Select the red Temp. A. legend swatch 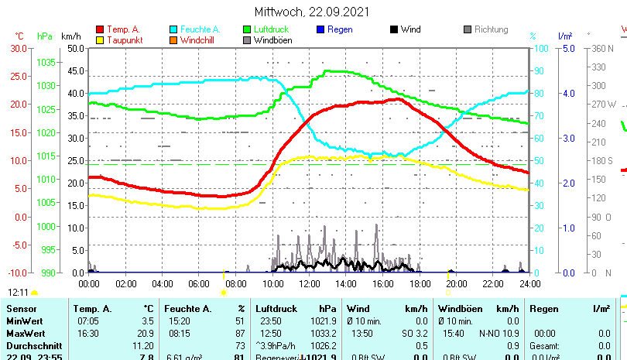(100, 29)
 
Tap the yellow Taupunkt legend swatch (100, 39)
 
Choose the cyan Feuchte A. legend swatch (173, 29)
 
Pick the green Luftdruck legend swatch (247, 29)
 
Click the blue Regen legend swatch (320, 29)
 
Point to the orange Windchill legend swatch (173, 39)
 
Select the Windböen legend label (272, 39)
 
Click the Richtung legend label (492, 29)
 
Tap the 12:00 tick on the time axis (309, 283)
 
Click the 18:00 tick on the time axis (419, 283)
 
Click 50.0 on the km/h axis (75, 48)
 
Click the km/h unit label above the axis (70, 36)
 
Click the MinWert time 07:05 (87, 321)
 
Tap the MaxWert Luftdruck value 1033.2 (320, 333)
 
